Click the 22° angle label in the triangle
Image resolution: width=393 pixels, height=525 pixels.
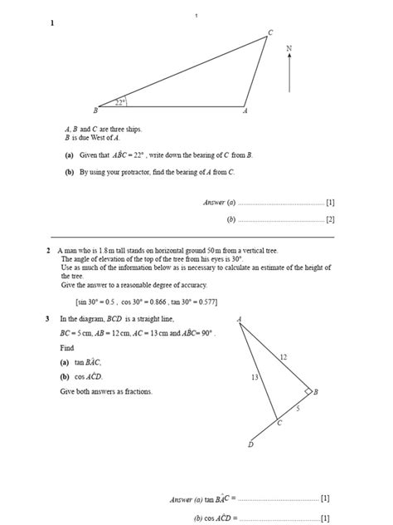coord(120,102)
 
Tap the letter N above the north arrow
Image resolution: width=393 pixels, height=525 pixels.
coord(289,49)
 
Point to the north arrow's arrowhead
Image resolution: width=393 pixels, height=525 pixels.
coord(289,59)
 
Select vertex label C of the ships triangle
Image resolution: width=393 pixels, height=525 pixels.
coord(269,32)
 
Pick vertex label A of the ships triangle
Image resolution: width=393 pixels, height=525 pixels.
coord(245,110)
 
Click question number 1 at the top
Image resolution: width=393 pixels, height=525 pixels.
coord(51,23)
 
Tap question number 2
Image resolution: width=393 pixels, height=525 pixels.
coord(49,249)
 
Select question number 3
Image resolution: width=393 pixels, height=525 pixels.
coord(49,319)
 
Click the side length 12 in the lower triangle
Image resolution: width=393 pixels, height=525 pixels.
coord(283,356)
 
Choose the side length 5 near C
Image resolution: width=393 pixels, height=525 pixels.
coord(298,409)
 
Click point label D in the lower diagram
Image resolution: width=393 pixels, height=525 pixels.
coord(251,445)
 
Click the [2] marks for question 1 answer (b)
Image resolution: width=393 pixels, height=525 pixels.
coord(329,219)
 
